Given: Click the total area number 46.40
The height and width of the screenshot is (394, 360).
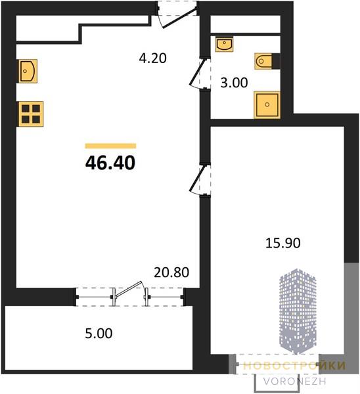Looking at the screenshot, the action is coord(110,163).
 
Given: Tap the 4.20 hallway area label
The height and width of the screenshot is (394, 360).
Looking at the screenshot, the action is coord(153,58).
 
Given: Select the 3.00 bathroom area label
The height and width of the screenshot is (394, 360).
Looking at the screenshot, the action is coord(234,83).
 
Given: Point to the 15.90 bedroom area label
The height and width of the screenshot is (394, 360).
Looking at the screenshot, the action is coord(283,243).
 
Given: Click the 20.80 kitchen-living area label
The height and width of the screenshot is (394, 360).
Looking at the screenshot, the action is coord(171,273).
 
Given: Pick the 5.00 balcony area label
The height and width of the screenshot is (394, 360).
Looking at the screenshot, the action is coord(99,334).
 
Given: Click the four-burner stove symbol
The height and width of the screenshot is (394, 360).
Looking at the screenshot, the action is coord(30,114).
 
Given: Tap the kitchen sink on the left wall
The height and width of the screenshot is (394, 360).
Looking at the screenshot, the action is coord(28,71).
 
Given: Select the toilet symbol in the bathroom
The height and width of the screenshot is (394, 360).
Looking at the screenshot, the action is coord(263,61).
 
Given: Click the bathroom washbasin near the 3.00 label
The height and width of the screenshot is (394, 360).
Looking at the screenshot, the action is coord(224,44).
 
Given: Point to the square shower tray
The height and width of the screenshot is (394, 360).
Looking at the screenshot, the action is coord(267,104).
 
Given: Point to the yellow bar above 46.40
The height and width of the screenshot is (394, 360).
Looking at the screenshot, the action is coord(110,146).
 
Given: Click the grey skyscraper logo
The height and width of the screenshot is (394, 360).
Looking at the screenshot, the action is coord(298,311).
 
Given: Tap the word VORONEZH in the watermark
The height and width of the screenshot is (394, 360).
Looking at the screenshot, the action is coord(295,382).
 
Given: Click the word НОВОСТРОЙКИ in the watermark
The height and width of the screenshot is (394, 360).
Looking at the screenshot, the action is coord(294,366).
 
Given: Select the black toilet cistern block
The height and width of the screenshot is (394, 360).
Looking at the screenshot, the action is coord(276,61).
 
